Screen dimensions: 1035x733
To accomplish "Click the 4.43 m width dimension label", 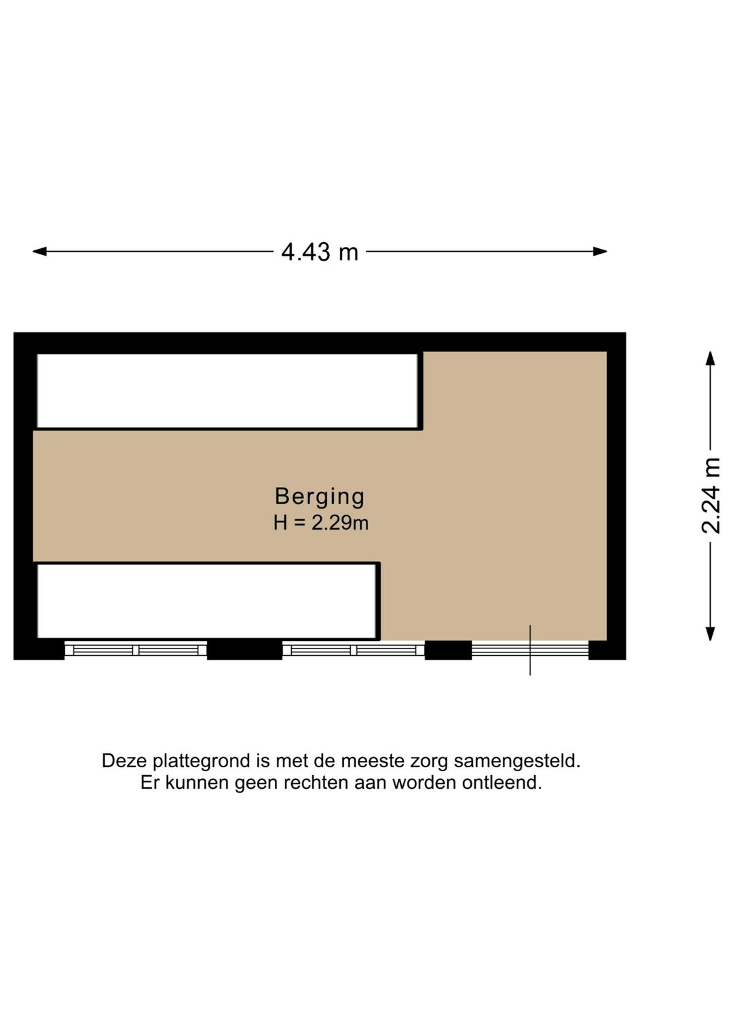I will click(320, 252).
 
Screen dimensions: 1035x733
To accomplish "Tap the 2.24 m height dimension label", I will click(711, 496).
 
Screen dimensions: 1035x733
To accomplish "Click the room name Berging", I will click(320, 496).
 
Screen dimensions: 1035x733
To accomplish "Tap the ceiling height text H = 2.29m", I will click(320, 523).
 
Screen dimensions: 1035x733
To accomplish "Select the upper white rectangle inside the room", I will click(227, 391).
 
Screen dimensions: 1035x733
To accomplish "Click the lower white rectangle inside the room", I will click(206, 601).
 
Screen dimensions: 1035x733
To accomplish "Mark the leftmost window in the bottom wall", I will click(136, 650).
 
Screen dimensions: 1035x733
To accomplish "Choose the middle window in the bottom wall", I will click(354, 650).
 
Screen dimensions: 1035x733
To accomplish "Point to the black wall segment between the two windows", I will click(244, 650).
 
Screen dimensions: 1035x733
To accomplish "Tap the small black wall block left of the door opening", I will click(448, 650).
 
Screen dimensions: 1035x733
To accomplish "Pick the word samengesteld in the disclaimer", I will click(517, 761).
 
